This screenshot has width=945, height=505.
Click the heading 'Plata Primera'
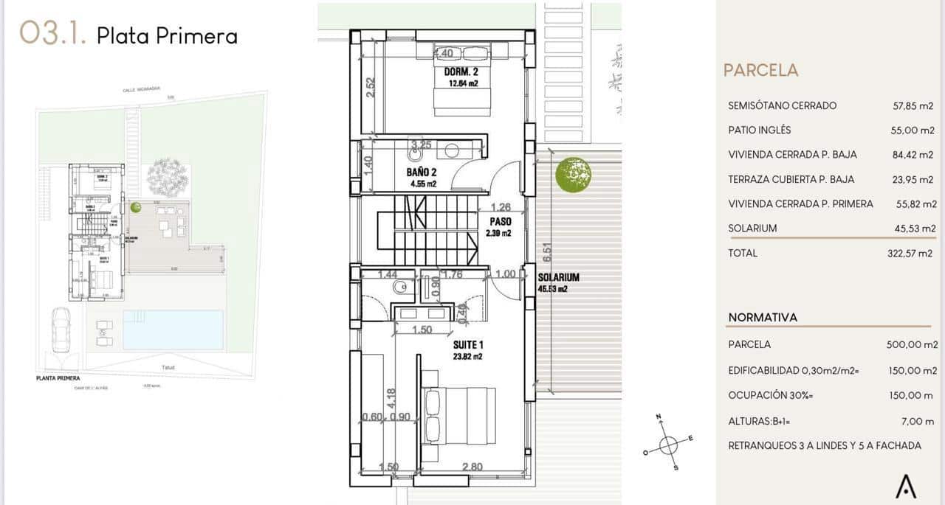[x=167, y=36]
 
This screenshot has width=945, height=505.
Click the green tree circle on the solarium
[x=574, y=175]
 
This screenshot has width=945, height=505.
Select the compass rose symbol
[x=667, y=443]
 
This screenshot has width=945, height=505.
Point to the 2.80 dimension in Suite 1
[x=472, y=467]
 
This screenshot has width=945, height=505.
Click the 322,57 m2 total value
[x=910, y=253]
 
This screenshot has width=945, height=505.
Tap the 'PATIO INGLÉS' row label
[x=759, y=130]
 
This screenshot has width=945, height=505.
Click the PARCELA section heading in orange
[x=760, y=70]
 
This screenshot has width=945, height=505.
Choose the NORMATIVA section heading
[x=763, y=317]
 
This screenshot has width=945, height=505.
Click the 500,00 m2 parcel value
[x=911, y=344]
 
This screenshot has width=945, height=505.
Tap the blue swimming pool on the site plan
[x=173, y=330]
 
